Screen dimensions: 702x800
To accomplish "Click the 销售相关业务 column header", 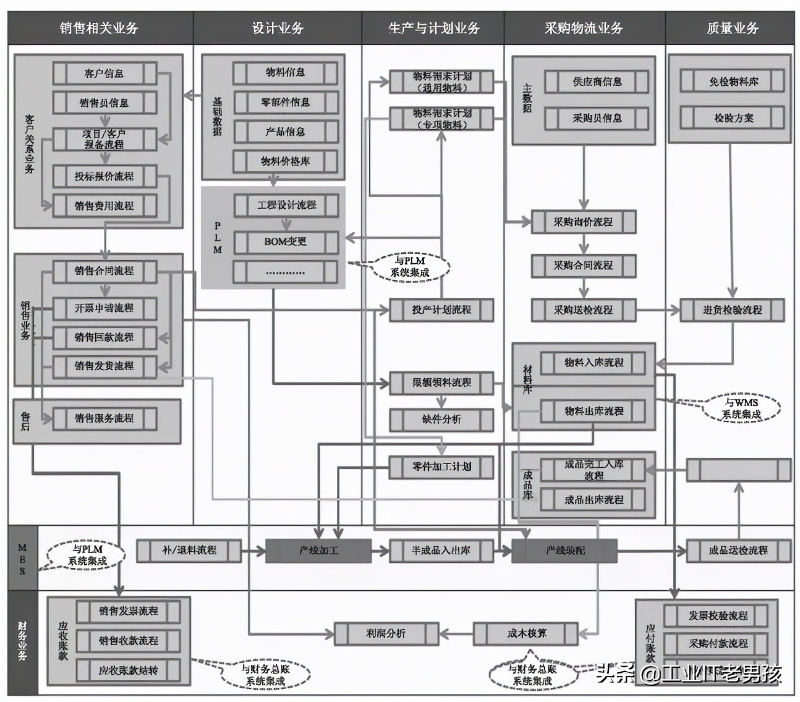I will point(99,28).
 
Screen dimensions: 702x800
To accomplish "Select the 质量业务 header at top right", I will point(732,28).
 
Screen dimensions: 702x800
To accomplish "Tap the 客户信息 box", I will point(104,74).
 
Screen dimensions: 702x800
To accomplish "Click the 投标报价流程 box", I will point(104,176).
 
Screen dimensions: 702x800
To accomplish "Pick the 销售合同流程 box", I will point(104,271).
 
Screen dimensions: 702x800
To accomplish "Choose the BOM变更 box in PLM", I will point(285,242).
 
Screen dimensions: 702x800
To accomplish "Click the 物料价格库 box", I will point(285,161).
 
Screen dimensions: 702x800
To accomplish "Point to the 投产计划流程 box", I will point(441,310).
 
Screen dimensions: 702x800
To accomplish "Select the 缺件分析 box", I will point(441,419).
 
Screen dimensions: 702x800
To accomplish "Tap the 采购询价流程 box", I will point(583,222).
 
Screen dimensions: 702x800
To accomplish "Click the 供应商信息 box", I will point(597,82).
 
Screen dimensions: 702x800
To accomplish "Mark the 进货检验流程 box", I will point(732,310).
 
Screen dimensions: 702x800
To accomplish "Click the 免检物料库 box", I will point(733,81).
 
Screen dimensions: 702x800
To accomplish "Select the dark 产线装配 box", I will point(564,550).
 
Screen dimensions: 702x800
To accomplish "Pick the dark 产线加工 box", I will point(318,550).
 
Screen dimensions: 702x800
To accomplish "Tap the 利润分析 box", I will point(386,633).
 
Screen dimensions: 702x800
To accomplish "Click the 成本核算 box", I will point(526,633).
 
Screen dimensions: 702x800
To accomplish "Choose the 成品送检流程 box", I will point(738,550).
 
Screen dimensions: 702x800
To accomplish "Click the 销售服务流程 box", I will point(104,418).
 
